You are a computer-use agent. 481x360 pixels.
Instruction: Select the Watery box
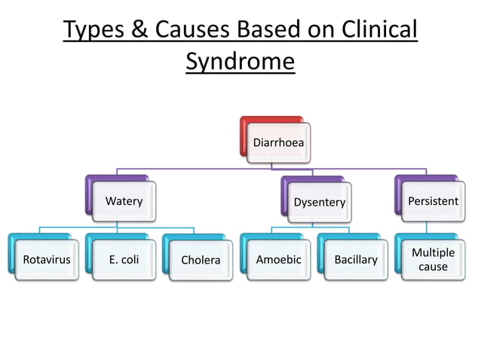coord(124,201)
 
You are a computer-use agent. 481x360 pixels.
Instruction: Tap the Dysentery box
coord(319,202)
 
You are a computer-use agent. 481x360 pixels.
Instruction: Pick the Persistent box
coord(432,201)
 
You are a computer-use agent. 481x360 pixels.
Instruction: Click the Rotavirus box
coord(46,260)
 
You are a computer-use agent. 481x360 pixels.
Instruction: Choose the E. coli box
coord(124,260)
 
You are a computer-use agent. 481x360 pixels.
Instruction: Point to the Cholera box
coord(201,260)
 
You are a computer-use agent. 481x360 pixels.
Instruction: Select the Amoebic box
coord(278,260)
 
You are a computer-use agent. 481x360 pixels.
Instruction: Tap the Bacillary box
coord(356,260)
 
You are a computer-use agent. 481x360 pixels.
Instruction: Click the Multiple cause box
coord(433,260)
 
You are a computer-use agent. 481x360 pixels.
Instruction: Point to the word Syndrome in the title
coord(240,61)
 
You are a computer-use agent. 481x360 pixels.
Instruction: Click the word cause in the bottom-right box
coord(433,267)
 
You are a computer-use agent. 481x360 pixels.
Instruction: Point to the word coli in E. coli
coord(130,260)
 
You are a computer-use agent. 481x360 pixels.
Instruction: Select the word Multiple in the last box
coord(433,253)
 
